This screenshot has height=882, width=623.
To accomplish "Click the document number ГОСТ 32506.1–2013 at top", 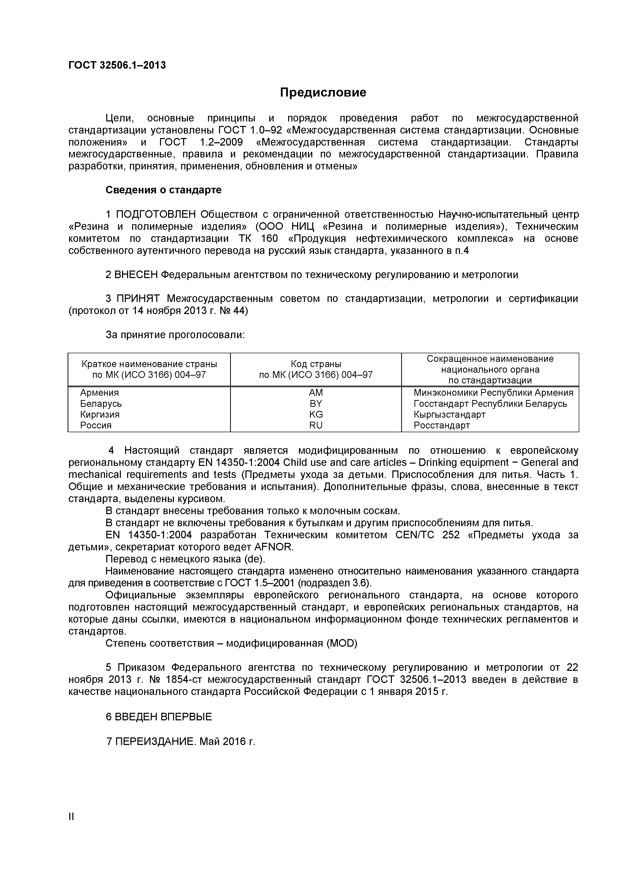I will (x=117, y=65).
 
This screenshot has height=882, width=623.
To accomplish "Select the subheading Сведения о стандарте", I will (x=164, y=190).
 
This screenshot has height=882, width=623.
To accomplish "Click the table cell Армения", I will (x=99, y=392).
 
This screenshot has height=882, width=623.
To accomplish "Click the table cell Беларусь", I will (x=101, y=403).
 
